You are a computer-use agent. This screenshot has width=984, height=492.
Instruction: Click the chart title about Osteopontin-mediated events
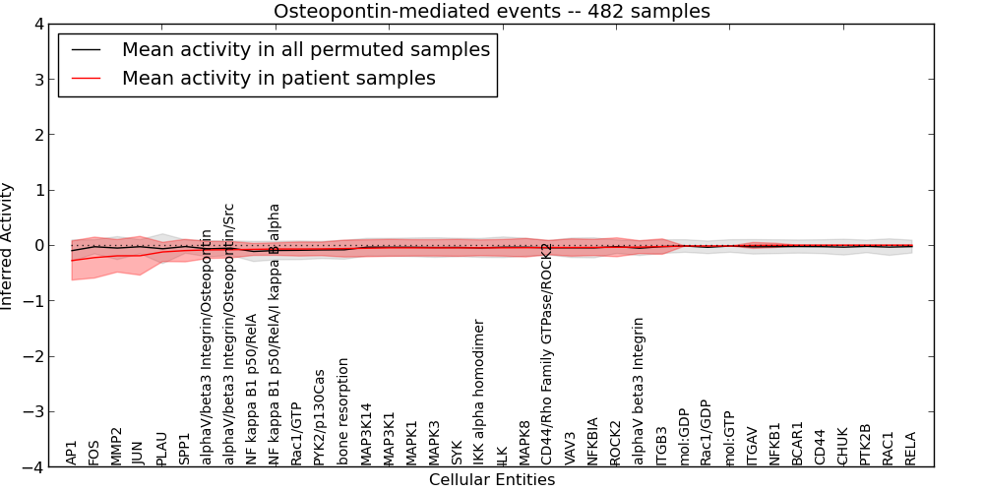491,12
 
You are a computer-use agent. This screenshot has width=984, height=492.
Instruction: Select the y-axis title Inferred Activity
8,246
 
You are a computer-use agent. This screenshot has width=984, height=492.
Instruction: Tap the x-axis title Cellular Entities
491,480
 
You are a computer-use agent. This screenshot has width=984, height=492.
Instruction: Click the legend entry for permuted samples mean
305,50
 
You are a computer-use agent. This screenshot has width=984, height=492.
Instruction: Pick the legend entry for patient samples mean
278,78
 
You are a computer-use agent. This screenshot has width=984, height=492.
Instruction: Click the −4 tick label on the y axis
32,467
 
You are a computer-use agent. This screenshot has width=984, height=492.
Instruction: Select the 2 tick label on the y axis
37,135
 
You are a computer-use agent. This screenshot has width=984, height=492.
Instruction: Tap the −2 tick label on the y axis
32,356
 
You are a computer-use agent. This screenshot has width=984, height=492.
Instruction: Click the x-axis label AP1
71,453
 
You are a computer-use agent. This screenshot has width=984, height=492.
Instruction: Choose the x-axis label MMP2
117,446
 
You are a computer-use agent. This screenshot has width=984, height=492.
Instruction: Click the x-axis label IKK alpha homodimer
479,392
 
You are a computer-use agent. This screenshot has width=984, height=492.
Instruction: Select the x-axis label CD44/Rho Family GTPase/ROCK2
547,353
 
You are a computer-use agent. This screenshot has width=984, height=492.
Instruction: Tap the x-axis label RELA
910,448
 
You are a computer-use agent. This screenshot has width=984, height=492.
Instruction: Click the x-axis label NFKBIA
592,441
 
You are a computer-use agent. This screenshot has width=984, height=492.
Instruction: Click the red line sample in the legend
86,78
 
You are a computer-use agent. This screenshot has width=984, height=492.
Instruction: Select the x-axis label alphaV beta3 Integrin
639,391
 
